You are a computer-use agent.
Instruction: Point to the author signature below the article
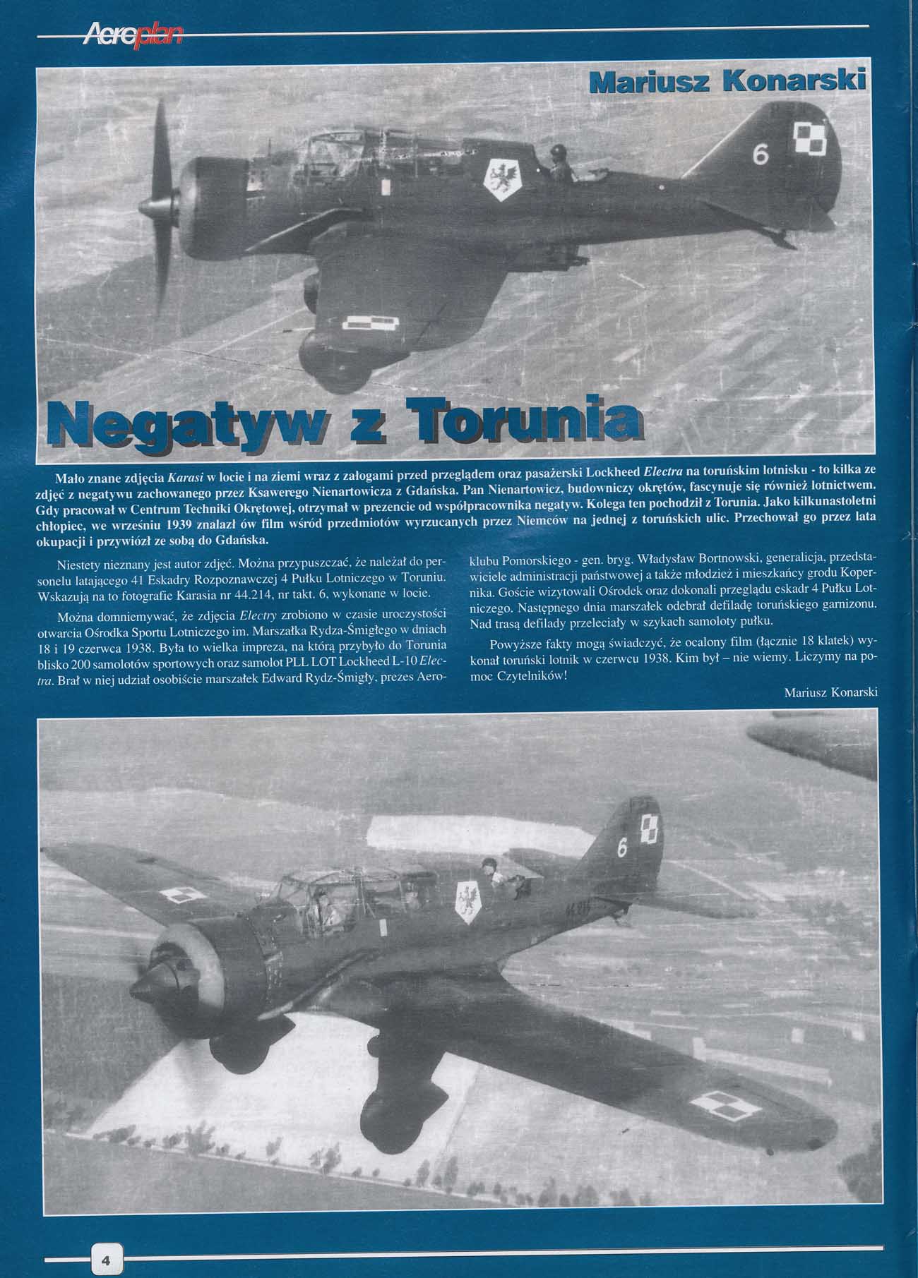pyautogui.click(x=830, y=692)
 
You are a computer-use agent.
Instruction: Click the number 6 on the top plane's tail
pyautogui.click(x=760, y=155)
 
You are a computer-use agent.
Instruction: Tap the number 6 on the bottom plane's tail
pyautogui.click(x=621, y=848)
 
